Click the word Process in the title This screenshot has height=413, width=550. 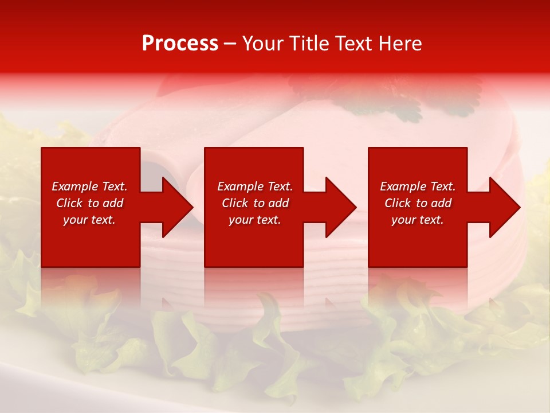click(x=180, y=44)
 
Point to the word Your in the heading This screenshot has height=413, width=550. click(x=263, y=44)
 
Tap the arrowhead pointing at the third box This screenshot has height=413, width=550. click(x=340, y=207)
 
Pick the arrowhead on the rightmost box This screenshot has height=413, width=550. click(x=504, y=207)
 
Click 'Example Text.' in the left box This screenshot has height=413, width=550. click(x=89, y=186)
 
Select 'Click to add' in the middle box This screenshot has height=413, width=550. click(x=255, y=203)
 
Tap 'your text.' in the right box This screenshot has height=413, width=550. click(x=417, y=220)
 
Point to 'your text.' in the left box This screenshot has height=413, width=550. click(x=89, y=220)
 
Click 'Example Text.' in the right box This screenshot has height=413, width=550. click(x=418, y=186)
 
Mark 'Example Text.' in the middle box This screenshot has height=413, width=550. click(x=255, y=186)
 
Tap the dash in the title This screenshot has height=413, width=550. click(x=230, y=44)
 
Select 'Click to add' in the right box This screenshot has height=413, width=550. click(x=418, y=203)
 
